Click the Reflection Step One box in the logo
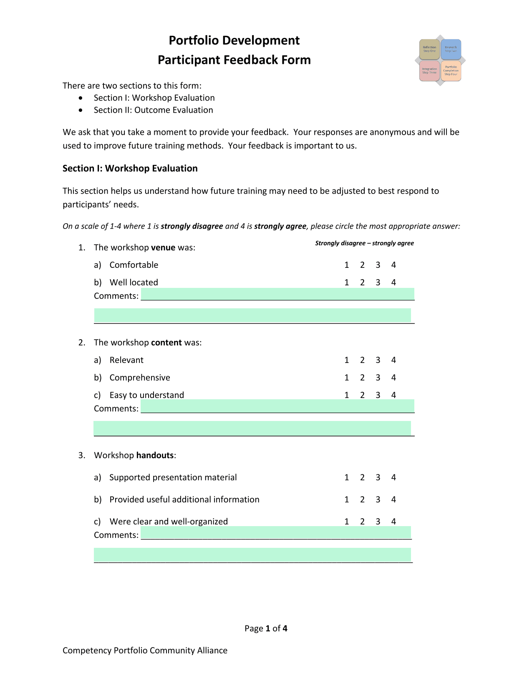click(429, 49)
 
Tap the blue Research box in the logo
click(451, 49)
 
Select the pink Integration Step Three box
click(429, 71)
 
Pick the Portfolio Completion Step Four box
click(451, 71)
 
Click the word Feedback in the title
click(251, 60)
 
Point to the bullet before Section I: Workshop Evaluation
click(81, 98)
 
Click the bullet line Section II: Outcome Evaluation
click(153, 110)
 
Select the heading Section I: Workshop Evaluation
click(130, 169)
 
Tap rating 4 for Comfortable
click(393, 265)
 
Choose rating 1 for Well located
click(347, 283)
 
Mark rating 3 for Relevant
click(378, 360)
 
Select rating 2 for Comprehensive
click(362, 378)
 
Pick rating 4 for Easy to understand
click(393, 396)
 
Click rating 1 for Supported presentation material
click(347, 478)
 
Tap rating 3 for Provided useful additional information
click(378, 500)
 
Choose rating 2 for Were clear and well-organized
click(362, 522)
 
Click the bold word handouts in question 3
click(155, 455)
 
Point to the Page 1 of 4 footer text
click(266, 629)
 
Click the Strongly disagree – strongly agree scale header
click(364, 243)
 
